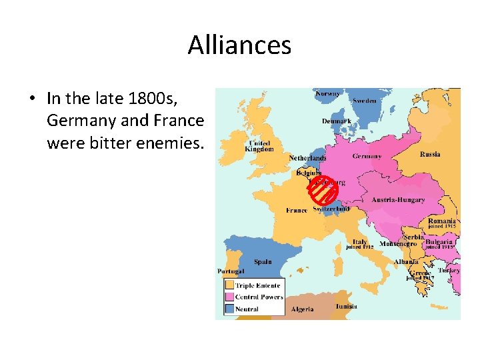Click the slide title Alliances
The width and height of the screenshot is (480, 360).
(239, 45)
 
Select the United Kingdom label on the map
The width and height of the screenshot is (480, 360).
(260, 146)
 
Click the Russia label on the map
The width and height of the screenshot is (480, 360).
(430, 154)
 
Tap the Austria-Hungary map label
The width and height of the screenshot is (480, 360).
(397, 200)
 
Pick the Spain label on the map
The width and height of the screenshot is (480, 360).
(263, 262)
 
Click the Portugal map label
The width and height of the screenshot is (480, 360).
(231, 271)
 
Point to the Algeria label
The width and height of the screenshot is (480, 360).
(303, 309)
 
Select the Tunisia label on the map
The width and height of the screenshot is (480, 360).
(346, 307)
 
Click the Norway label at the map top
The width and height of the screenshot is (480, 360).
(327, 94)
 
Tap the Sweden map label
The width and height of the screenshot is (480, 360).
(364, 101)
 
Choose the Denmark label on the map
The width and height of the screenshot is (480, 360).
(336, 121)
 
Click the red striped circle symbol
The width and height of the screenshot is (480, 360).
(323, 191)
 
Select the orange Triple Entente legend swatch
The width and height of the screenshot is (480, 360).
(229, 285)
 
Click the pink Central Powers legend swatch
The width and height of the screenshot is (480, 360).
(229, 297)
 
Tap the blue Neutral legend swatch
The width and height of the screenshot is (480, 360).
(229, 309)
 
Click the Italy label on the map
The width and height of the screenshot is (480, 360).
(360, 242)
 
